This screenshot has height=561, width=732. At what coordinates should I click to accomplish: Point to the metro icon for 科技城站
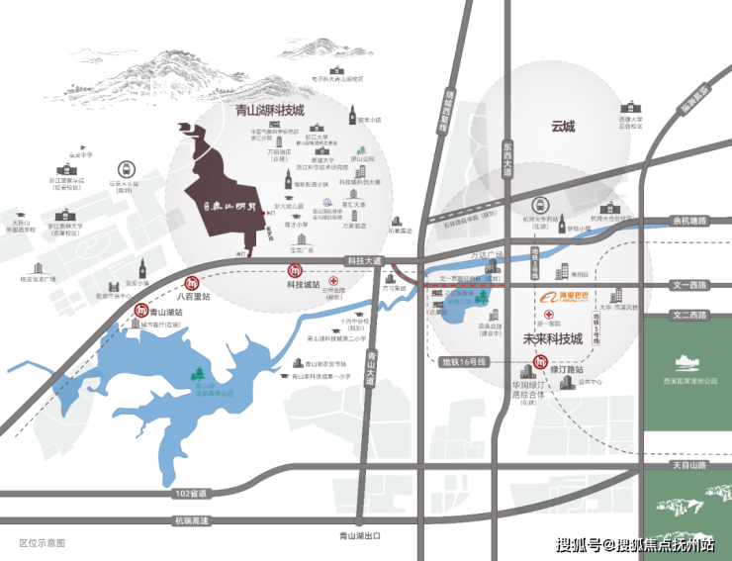[294, 271]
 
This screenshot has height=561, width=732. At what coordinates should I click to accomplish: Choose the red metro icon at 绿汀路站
[540, 363]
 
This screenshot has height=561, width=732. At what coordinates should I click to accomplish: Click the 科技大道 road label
[363, 261]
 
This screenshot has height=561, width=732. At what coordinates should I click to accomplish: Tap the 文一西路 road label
[689, 284]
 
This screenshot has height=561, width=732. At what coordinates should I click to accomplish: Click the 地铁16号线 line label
[462, 362]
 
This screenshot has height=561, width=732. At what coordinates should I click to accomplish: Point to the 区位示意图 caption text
[42, 543]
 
